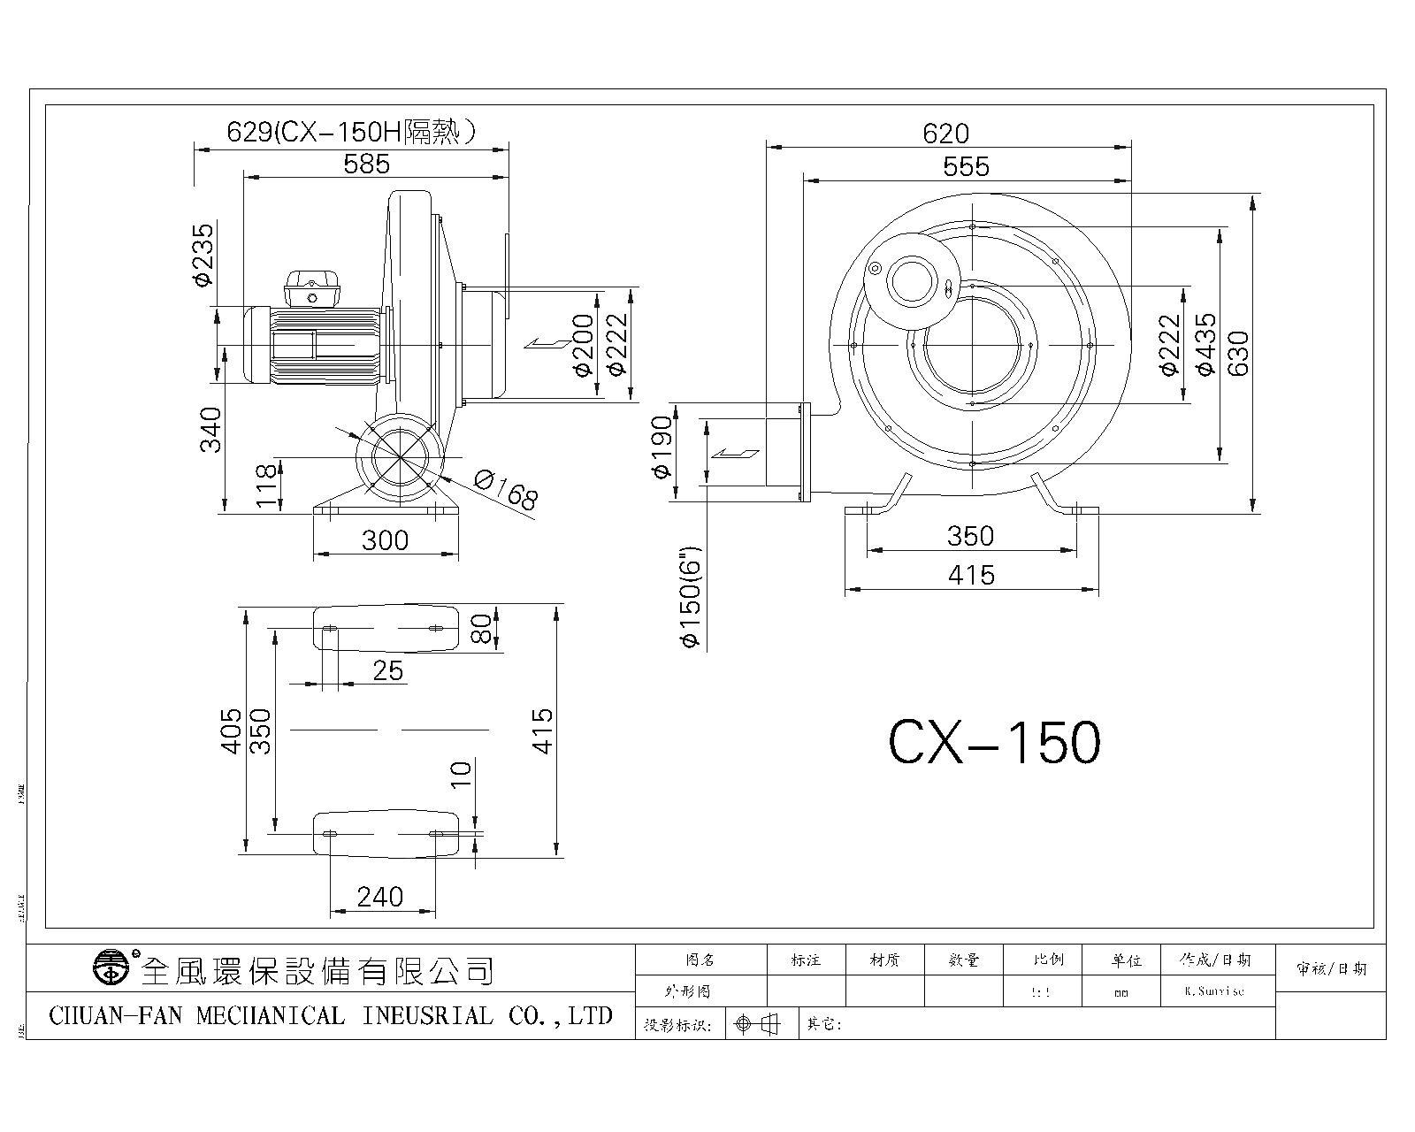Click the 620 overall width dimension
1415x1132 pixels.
(945, 134)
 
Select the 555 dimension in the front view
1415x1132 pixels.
(966, 165)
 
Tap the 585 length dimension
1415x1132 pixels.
(366, 163)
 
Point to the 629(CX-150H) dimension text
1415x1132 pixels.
(352, 132)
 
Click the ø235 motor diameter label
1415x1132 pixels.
(203, 255)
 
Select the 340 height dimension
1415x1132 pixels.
(210, 430)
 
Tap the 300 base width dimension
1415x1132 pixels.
(385, 539)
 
